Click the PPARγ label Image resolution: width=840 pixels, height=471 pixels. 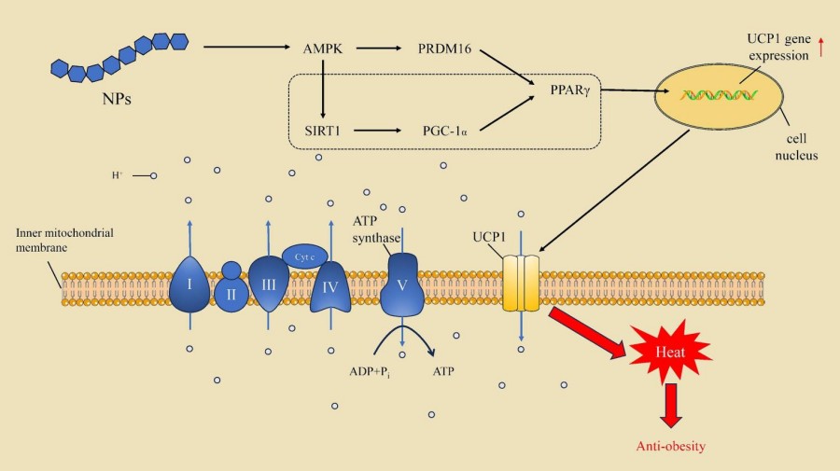569,90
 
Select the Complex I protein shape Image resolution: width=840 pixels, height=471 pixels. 189,283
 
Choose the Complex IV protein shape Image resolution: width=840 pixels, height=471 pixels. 330,286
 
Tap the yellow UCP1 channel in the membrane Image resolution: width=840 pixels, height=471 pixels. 522,283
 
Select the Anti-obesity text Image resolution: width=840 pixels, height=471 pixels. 671,446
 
